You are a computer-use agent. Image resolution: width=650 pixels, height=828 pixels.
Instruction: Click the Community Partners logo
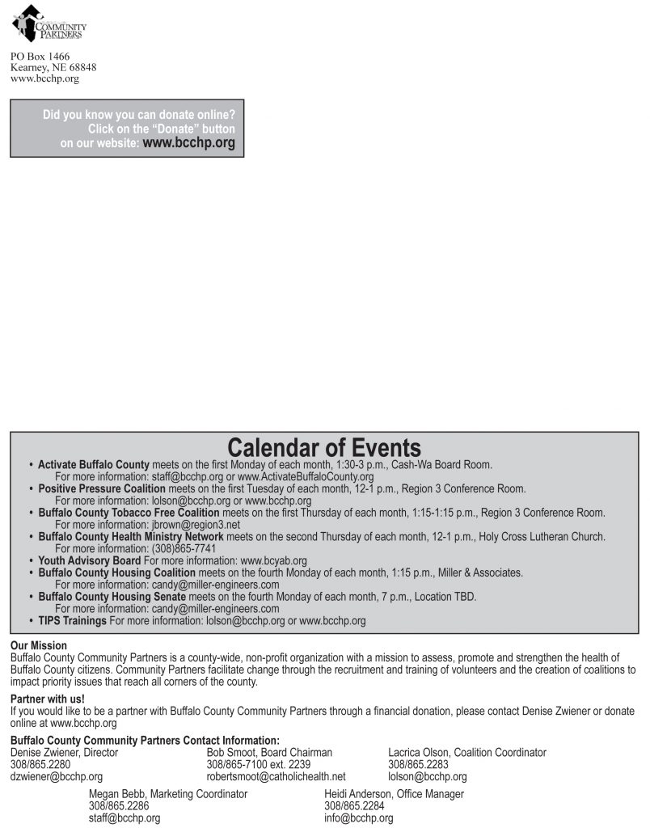pyautogui.click(x=48, y=24)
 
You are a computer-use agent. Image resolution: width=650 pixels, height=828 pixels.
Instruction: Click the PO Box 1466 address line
pyautogui.click(x=40, y=57)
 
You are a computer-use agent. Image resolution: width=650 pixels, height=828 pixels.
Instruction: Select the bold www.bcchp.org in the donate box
pyautogui.click(x=188, y=143)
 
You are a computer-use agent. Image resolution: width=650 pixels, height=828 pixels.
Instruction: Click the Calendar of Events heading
pyautogui.click(x=324, y=448)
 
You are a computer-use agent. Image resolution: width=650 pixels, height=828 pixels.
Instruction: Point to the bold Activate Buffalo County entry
pyautogui.click(x=94, y=465)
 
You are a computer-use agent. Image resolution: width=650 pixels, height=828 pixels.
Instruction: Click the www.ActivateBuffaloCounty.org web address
pyautogui.click(x=306, y=477)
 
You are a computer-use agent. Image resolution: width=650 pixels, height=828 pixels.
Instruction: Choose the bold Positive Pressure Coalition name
pyautogui.click(x=102, y=489)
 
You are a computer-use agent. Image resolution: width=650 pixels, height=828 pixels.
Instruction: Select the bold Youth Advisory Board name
pyautogui.click(x=90, y=560)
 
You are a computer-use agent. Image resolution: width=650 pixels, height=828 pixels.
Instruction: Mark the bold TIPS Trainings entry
pyautogui.click(x=73, y=621)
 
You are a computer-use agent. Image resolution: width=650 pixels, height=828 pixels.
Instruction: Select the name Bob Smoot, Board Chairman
pyautogui.click(x=269, y=753)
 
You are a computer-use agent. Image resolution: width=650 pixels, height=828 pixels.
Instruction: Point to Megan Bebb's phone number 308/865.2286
pyautogui.click(x=119, y=806)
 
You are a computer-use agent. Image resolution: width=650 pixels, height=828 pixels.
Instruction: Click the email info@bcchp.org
pyautogui.click(x=359, y=818)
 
